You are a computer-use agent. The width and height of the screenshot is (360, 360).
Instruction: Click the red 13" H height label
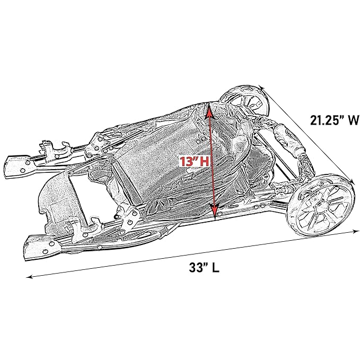click(194, 161)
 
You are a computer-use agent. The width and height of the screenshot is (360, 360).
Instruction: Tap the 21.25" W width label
click(335, 120)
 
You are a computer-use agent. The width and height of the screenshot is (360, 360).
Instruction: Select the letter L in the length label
click(215, 268)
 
